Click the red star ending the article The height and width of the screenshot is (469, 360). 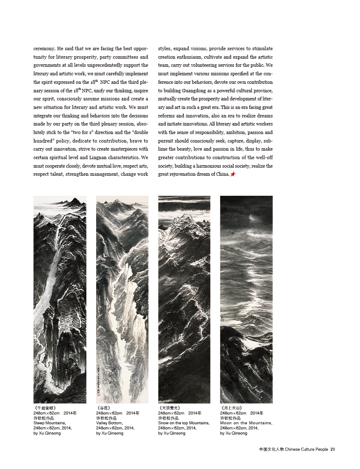click(x=233, y=174)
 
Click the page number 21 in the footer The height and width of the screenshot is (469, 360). click(x=333, y=449)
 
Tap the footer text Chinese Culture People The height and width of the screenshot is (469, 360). click(x=306, y=449)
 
